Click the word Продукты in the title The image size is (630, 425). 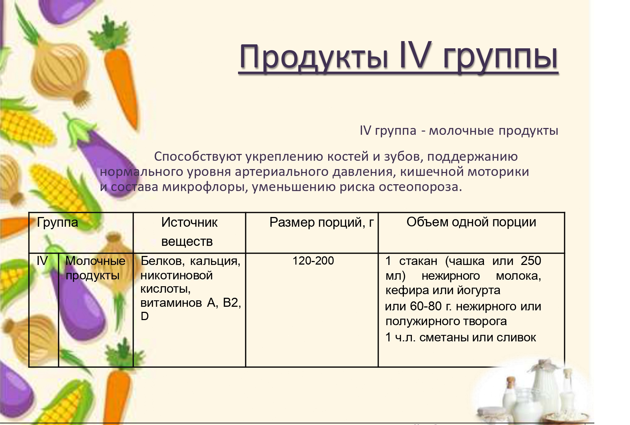coord(314,57)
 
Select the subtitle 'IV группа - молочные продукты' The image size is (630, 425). coord(459,130)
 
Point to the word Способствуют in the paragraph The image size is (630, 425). coord(198,157)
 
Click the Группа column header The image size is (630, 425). coord(57,222)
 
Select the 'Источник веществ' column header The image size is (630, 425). coord(189,232)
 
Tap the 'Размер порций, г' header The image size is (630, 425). coord(322,222)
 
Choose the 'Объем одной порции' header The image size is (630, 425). coord(471,222)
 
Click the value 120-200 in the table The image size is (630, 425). coord(313,261)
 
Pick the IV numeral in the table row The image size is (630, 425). coord(42,261)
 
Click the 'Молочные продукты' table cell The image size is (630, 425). coord(96,268)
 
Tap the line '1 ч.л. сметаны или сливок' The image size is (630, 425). coord(461,337)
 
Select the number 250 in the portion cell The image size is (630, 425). coord(531,261)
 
